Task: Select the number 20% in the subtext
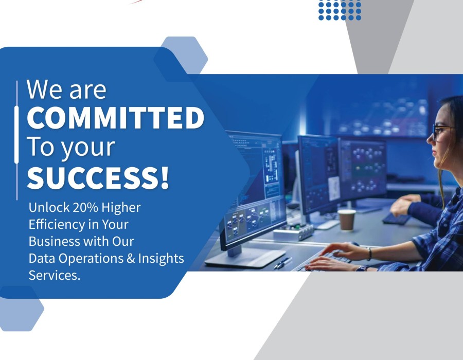(x=85, y=207)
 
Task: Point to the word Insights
(x=161, y=259)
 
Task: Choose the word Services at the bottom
(x=55, y=275)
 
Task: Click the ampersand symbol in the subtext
(x=131, y=259)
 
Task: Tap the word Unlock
(x=49, y=207)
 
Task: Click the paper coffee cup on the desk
(x=347, y=220)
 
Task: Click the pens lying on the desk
(x=283, y=263)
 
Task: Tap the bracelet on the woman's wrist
(x=369, y=254)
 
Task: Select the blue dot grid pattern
(x=340, y=10)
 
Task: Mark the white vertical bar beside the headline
(x=16, y=135)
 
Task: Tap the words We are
(x=66, y=89)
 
